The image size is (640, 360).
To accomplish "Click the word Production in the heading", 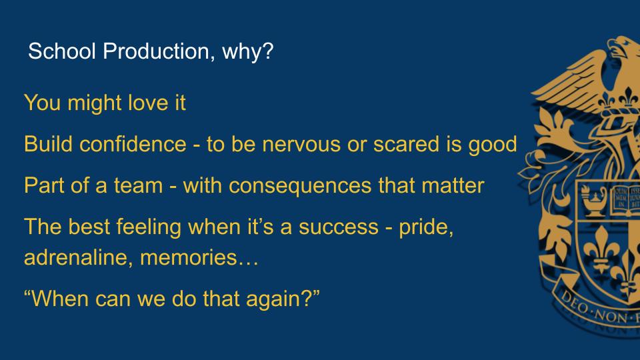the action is [156, 51].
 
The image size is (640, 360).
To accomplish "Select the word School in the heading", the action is [61, 51].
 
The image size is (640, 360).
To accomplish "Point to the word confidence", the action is [133, 144].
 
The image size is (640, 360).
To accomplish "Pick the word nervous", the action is [301, 145].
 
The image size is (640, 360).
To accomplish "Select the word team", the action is [139, 186].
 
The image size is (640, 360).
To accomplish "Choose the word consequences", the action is [300, 187].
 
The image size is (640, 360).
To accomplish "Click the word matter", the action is [453, 186].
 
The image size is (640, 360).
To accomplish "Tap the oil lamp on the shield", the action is [593, 199].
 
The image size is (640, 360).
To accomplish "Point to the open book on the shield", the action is [626, 200].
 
